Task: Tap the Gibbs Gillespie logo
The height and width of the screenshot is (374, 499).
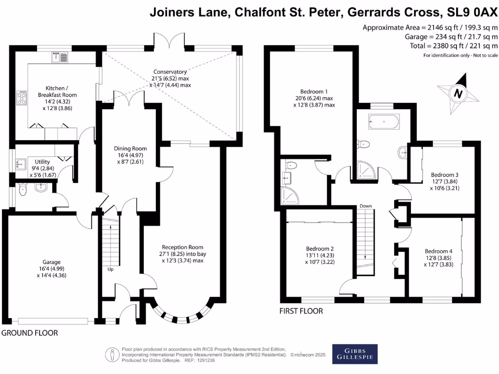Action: coord(354,354)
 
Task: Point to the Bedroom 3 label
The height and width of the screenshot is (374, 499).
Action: coord(444,174)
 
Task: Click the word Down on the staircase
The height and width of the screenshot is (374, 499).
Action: coord(366,206)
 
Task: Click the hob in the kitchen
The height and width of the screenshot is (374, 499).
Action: coord(22,99)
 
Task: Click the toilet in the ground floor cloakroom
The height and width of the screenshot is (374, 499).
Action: coord(22,191)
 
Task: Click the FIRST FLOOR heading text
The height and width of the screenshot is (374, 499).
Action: coord(301,311)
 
